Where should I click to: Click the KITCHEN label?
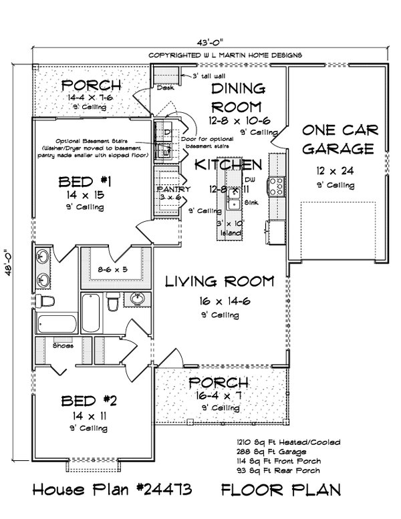pos(228,164)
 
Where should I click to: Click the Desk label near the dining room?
pos(164,88)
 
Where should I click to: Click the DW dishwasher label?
pos(250,180)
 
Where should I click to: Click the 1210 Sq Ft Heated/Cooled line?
pos(288,442)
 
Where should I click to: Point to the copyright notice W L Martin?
pos(225,54)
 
